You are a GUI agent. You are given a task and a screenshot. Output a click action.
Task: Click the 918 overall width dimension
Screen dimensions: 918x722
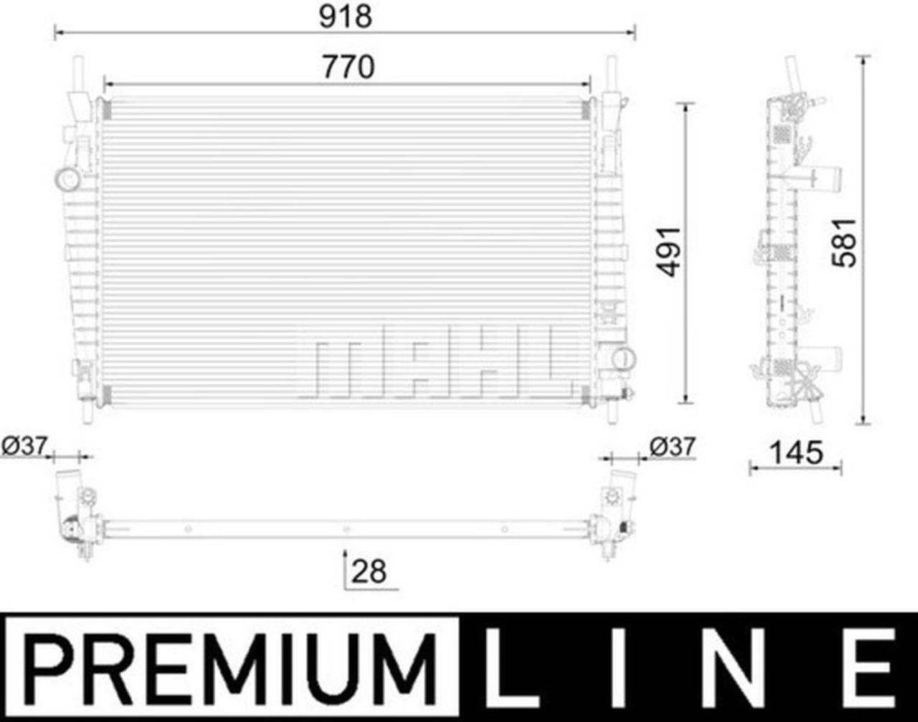346,17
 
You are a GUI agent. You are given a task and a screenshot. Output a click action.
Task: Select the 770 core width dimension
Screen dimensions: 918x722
349,67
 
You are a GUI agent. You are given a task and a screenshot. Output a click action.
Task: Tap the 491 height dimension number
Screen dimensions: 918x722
668,252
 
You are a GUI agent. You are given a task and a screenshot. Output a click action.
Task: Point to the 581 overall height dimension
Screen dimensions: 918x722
845,243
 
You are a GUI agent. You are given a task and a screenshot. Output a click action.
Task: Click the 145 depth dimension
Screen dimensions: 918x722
796,453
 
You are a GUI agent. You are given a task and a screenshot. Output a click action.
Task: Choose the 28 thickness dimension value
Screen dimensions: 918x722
369,571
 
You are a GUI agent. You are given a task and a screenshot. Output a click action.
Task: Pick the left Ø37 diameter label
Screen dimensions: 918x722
24,446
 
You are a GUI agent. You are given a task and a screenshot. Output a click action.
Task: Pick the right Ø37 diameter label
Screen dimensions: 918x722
673,447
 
